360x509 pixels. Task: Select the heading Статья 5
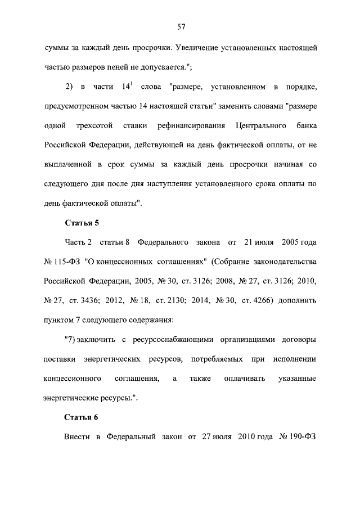pyautogui.click(x=82, y=223)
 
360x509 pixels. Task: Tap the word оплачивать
pyautogui.click(x=241, y=379)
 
